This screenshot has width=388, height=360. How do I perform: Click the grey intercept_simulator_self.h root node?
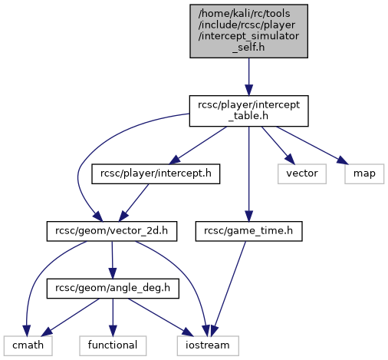click(248, 31)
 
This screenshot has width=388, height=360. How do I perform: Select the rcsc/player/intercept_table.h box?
click(248, 111)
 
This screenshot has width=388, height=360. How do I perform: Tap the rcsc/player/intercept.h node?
click(156, 173)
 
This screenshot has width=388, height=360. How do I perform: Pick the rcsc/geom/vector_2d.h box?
click(112, 231)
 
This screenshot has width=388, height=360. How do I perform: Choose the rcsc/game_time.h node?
click(248, 231)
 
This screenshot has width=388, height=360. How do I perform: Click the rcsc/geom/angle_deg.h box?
click(113, 289)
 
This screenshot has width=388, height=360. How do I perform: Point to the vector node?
click(302, 173)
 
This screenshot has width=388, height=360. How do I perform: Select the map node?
click(364, 173)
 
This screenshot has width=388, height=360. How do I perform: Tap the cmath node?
click(28, 345)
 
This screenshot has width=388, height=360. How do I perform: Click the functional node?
click(113, 345)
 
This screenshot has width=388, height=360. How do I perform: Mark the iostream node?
click(208, 345)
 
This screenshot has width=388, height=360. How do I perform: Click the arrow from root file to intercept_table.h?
click(248, 77)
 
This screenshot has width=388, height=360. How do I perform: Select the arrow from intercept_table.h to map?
click(312, 145)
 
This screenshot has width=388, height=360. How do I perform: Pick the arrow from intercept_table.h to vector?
click(278, 145)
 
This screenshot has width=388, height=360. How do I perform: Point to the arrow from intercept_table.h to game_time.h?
click(248, 174)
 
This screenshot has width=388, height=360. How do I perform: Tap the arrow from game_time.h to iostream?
click(229, 289)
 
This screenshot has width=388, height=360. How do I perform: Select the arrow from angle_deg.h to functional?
click(113, 317)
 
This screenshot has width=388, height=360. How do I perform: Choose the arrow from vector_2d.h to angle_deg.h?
click(112, 259)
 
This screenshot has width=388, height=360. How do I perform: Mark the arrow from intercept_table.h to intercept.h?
click(198, 145)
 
